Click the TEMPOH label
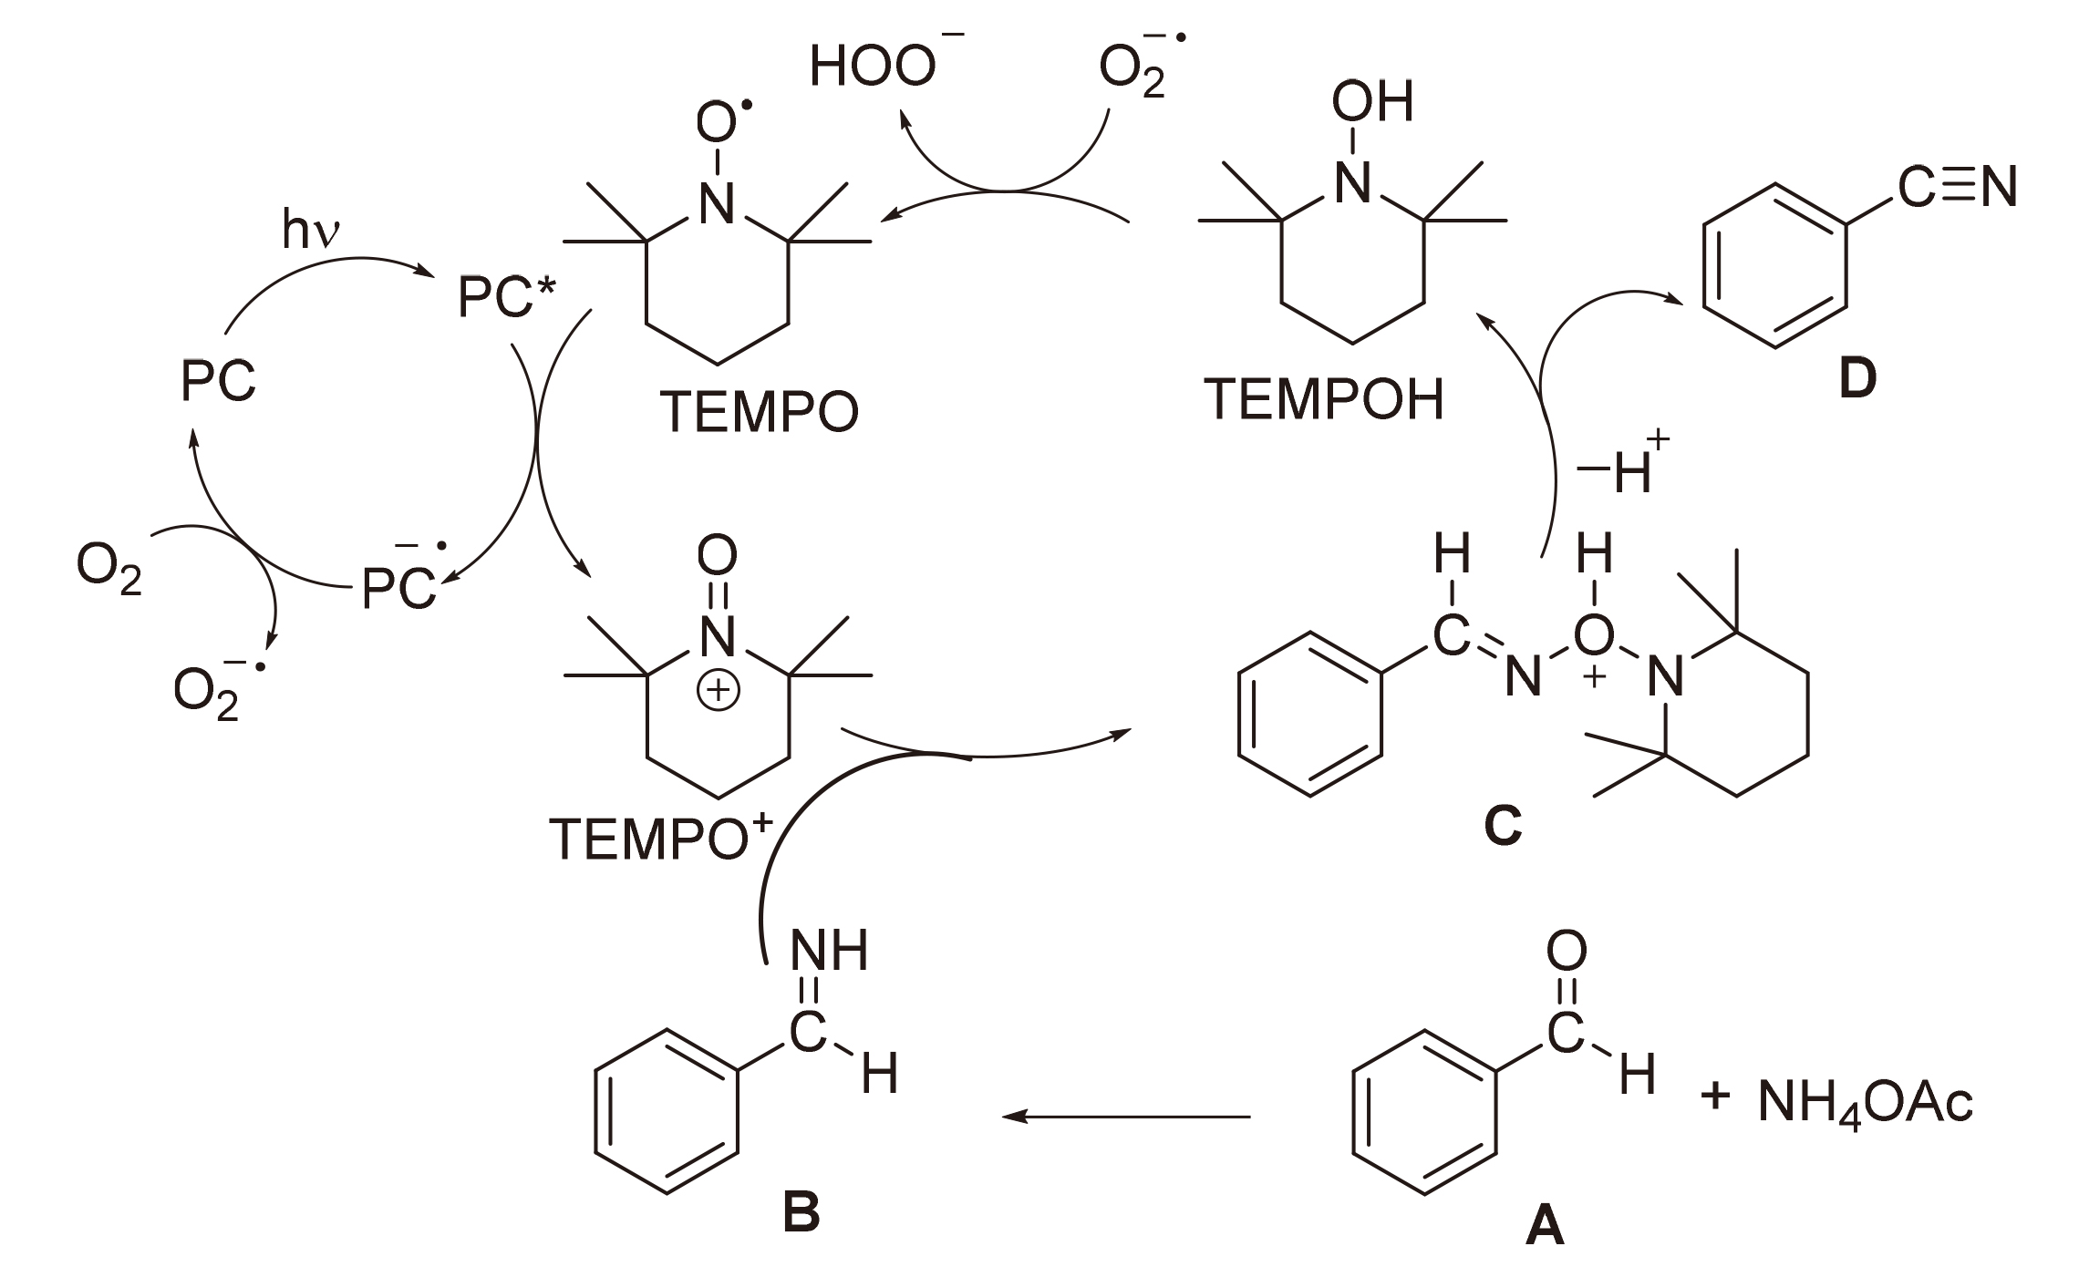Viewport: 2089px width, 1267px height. click(x=1324, y=399)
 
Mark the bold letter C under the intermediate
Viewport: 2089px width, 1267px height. click(x=1503, y=825)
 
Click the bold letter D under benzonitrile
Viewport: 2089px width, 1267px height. click(x=1857, y=378)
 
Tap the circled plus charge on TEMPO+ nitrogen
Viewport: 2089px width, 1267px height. click(x=719, y=690)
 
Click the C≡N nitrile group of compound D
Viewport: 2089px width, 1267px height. click(x=1957, y=187)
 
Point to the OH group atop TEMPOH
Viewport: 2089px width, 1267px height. click(x=1372, y=101)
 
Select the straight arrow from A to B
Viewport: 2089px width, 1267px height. click(x=1126, y=1116)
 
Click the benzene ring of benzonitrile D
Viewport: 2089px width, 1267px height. click(x=1774, y=265)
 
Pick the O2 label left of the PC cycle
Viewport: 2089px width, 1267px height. click(x=109, y=570)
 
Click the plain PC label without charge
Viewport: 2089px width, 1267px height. click(x=218, y=380)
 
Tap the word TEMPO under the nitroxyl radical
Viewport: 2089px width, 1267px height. click(x=759, y=412)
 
